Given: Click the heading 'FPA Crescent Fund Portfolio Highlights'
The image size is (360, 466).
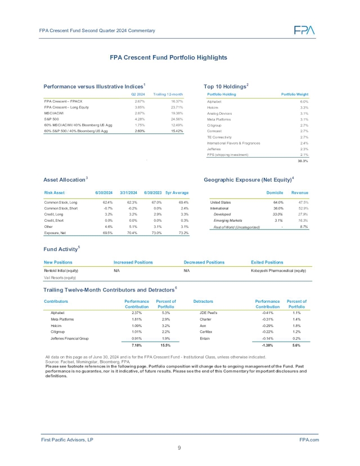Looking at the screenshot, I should coord(168,57).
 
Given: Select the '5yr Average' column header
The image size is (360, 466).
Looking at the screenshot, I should coord(177,193).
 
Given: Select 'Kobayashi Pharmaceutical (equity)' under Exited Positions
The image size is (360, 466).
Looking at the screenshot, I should coord(278,271).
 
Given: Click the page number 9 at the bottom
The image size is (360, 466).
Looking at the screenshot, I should coord(179,448).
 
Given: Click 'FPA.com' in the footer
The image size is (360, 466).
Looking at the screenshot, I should coord(309,438).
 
